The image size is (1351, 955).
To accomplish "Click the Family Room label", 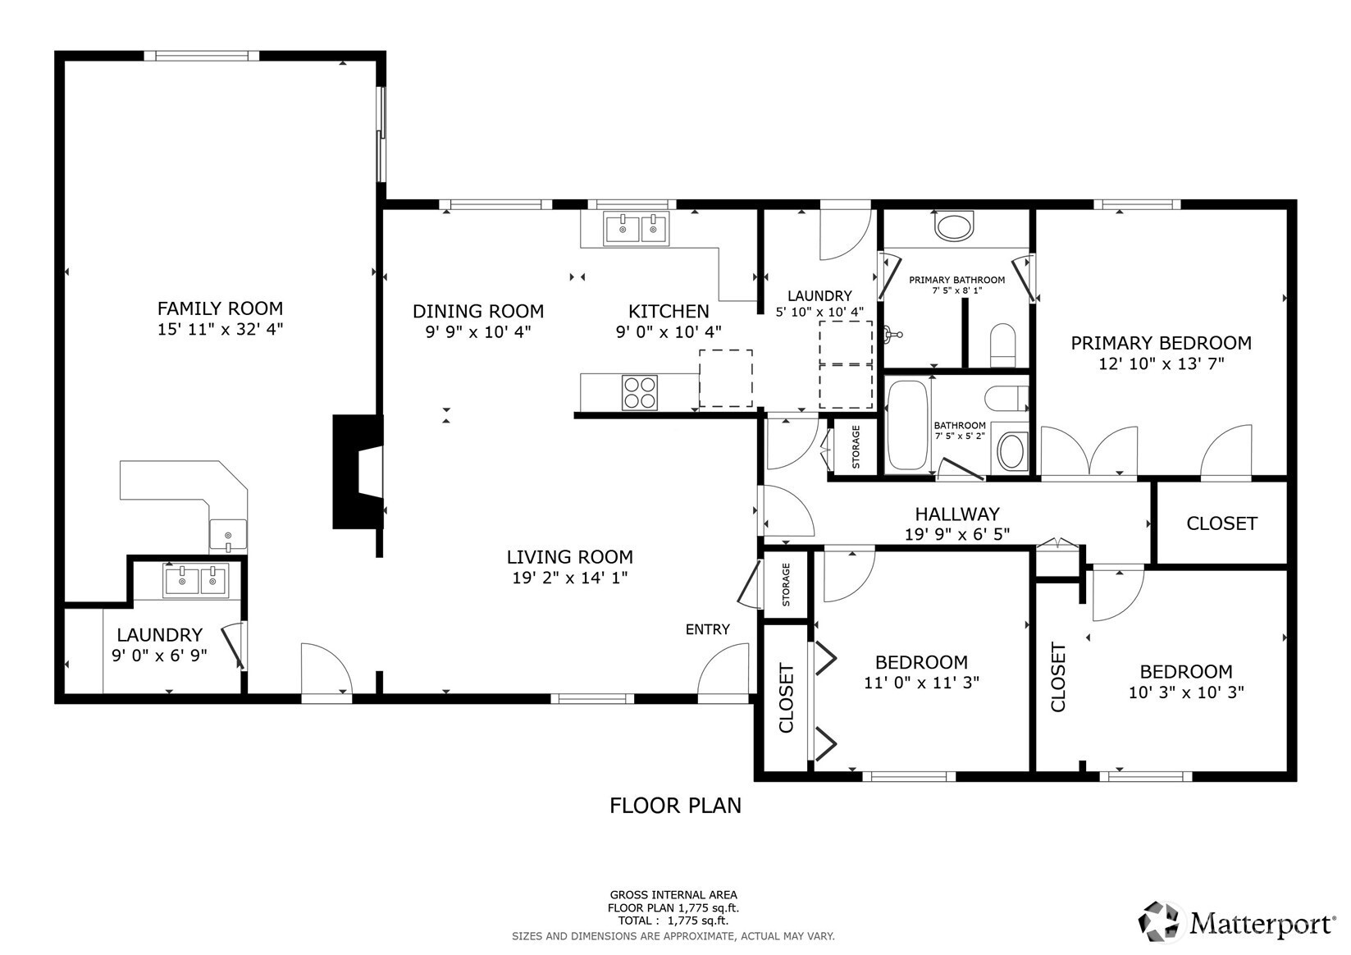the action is [x=220, y=308].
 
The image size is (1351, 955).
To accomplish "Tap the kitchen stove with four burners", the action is [x=640, y=393].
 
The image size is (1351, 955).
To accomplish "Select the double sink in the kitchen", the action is [x=636, y=229].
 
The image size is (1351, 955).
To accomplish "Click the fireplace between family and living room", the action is [x=358, y=472].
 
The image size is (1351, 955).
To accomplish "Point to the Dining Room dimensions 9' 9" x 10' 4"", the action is [x=478, y=331].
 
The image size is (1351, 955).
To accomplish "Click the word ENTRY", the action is [x=707, y=629].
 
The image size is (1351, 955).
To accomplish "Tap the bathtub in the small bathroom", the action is [x=908, y=424].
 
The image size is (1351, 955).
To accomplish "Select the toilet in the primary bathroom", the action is [x=1003, y=345].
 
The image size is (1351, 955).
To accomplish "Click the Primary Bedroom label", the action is [x=1161, y=343].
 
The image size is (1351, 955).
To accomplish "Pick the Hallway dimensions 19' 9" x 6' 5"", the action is [x=957, y=534].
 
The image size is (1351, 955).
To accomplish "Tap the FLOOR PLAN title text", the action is [x=676, y=806].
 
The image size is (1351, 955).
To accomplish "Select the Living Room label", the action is [x=570, y=557].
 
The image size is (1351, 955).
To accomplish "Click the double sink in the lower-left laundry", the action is [x=196, y=581].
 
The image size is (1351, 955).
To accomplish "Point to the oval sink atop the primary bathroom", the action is [x=953, y=226].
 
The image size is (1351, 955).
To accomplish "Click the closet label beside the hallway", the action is [x=1222, y=523].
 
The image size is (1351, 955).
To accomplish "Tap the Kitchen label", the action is [x=669, y=311].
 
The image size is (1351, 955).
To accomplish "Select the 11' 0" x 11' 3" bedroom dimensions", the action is [x=921, y=683].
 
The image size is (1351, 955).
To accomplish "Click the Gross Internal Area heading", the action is [x=673, y=895].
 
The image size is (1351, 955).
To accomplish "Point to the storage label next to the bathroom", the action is [x=856, y=447].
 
